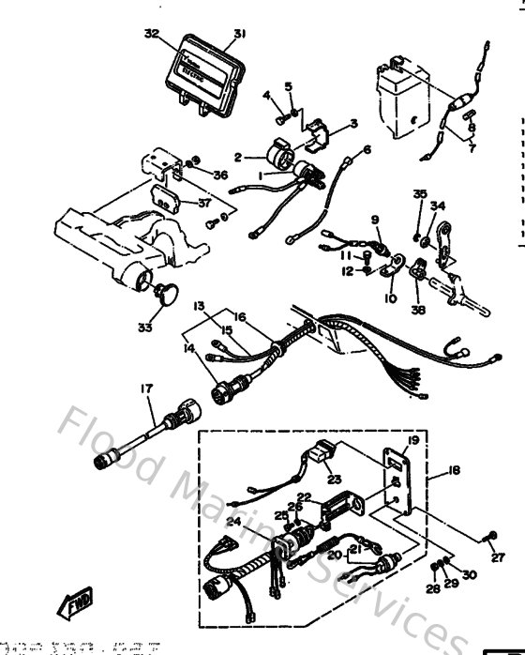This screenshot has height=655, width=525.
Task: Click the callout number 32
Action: tap(152, 33)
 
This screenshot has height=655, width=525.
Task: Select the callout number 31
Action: tap(240, 35)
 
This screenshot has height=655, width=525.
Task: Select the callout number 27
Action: tap(497, 557)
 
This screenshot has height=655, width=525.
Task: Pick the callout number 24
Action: tap(233, 523)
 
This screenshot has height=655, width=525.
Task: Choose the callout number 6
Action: tap(367, 149)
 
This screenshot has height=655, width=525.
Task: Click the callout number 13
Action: tap(199, 306)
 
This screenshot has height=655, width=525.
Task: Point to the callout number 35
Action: tap(418, 194)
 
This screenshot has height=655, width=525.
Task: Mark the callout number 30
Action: tap(469, 574)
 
